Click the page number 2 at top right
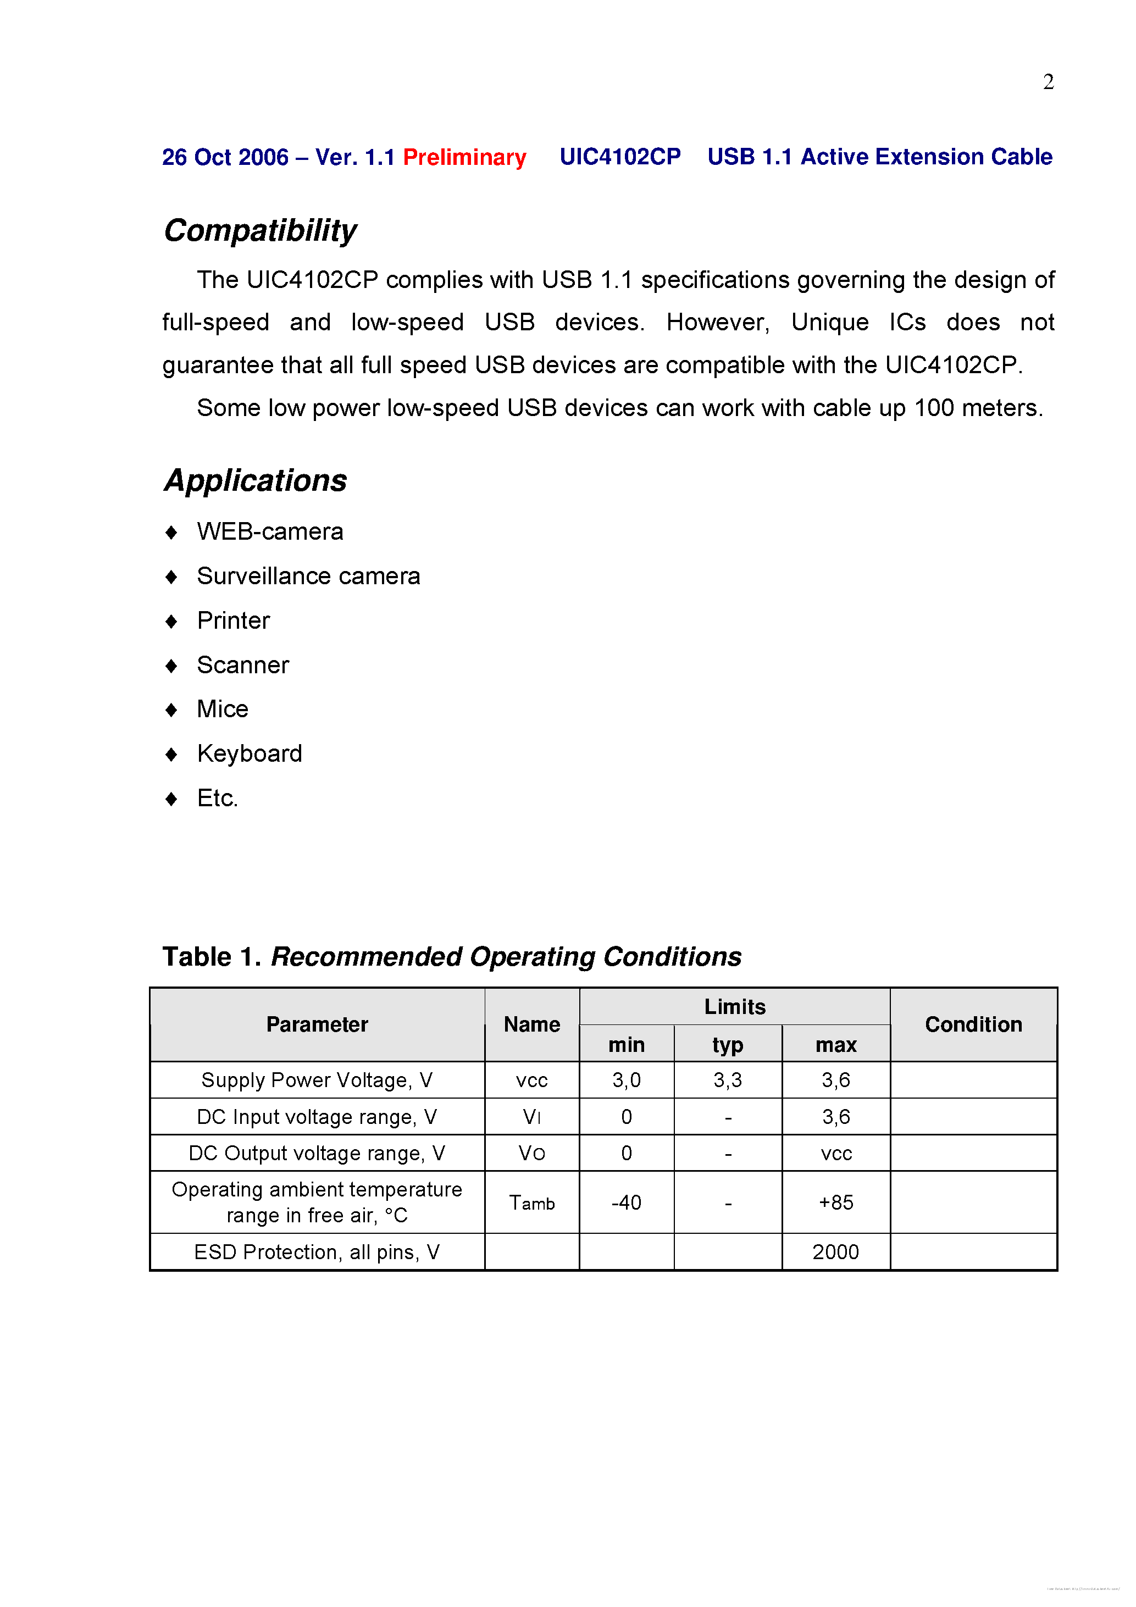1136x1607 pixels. (x=1048, y=82)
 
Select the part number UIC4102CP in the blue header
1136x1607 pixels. (x=619, y=157)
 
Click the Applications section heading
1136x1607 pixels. (x=256, y=481)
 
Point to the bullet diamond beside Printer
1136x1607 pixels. (x=171, y=622)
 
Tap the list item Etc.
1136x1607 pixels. (x=217, y=798)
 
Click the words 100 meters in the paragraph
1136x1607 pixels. (x=977, y=408)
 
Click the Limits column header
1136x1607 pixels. (x=734, y=1006)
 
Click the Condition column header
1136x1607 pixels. (x=973, y=1024)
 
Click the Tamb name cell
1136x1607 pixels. (x=532, y=1203)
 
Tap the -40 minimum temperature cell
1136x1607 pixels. (x=626, y=1203)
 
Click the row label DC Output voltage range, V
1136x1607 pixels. (x=317, y=1154)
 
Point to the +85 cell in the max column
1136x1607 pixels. (x=836, y=1203)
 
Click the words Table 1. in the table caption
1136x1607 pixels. (x=212, y=957)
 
